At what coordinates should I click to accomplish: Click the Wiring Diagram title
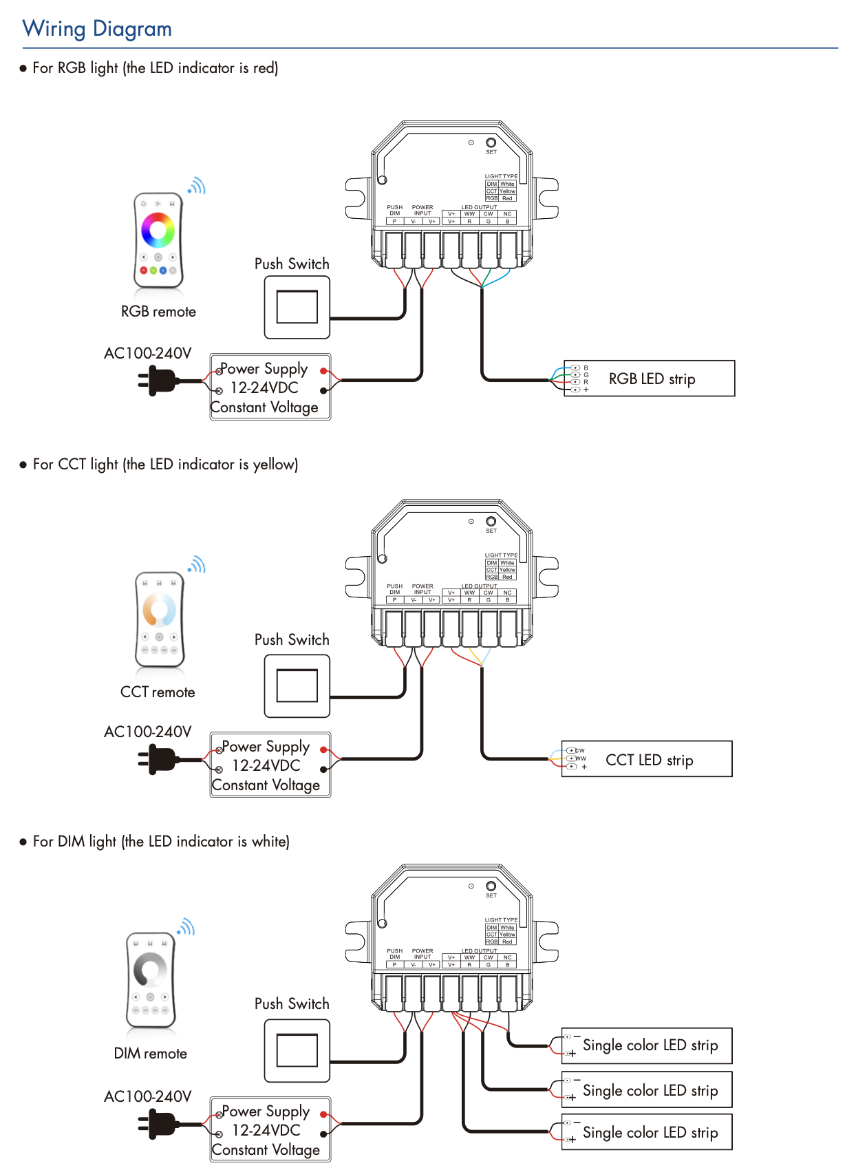(97, 29)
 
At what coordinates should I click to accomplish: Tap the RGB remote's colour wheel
(158, 229)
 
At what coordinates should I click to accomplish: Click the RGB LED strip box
(649, 379)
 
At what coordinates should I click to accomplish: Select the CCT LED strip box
(647, 759)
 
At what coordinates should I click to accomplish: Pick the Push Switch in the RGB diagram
(297, 307)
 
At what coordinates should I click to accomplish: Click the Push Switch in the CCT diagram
(297, 685)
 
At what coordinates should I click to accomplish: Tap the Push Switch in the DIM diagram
(297, 1050)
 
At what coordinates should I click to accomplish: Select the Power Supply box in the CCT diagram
(270, 765)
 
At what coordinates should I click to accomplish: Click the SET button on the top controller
(491, 143)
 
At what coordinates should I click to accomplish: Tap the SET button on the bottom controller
(491, 886)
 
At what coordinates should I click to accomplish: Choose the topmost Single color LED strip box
(647, 1045)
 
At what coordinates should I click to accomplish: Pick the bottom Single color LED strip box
(647, 1132)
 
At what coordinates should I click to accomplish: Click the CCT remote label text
(158, 692)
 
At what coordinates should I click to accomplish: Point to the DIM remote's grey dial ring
(150, 969)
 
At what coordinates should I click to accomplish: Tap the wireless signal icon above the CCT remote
(197, 565)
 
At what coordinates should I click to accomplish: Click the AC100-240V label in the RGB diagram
(147, 354)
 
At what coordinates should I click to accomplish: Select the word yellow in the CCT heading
(273, 465)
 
